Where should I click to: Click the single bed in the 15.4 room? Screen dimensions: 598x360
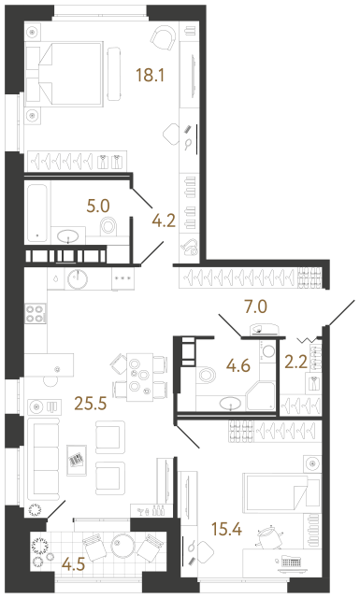278,490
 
